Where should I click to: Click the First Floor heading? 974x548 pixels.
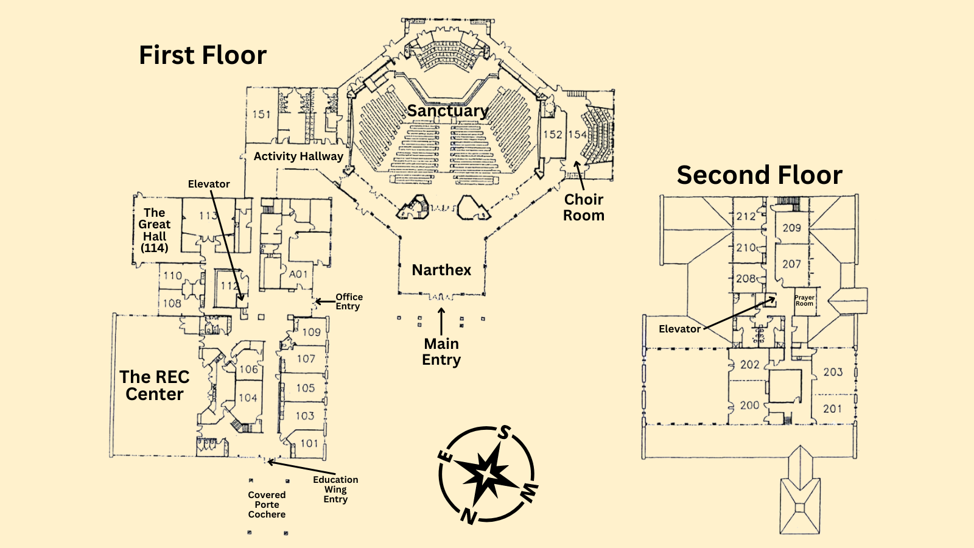203,55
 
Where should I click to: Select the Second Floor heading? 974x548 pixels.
759,175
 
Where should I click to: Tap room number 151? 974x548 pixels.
262,114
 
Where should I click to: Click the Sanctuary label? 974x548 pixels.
447,111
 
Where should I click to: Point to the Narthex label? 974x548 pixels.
441,270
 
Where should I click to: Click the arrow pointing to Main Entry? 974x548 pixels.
441,321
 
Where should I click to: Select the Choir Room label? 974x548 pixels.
583,208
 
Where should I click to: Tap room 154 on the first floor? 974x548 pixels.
577,135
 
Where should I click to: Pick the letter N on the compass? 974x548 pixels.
468,516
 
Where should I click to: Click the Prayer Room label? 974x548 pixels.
804,301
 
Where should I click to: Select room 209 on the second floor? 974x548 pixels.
791,228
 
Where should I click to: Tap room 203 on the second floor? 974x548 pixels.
833,372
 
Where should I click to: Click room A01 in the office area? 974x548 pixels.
298,275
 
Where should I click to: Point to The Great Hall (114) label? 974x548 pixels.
155,230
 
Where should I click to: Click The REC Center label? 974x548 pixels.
155,385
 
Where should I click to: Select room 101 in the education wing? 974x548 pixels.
309,443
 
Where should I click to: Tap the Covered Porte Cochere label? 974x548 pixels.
267,505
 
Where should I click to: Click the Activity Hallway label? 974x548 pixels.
298,156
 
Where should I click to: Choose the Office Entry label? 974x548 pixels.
349,301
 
